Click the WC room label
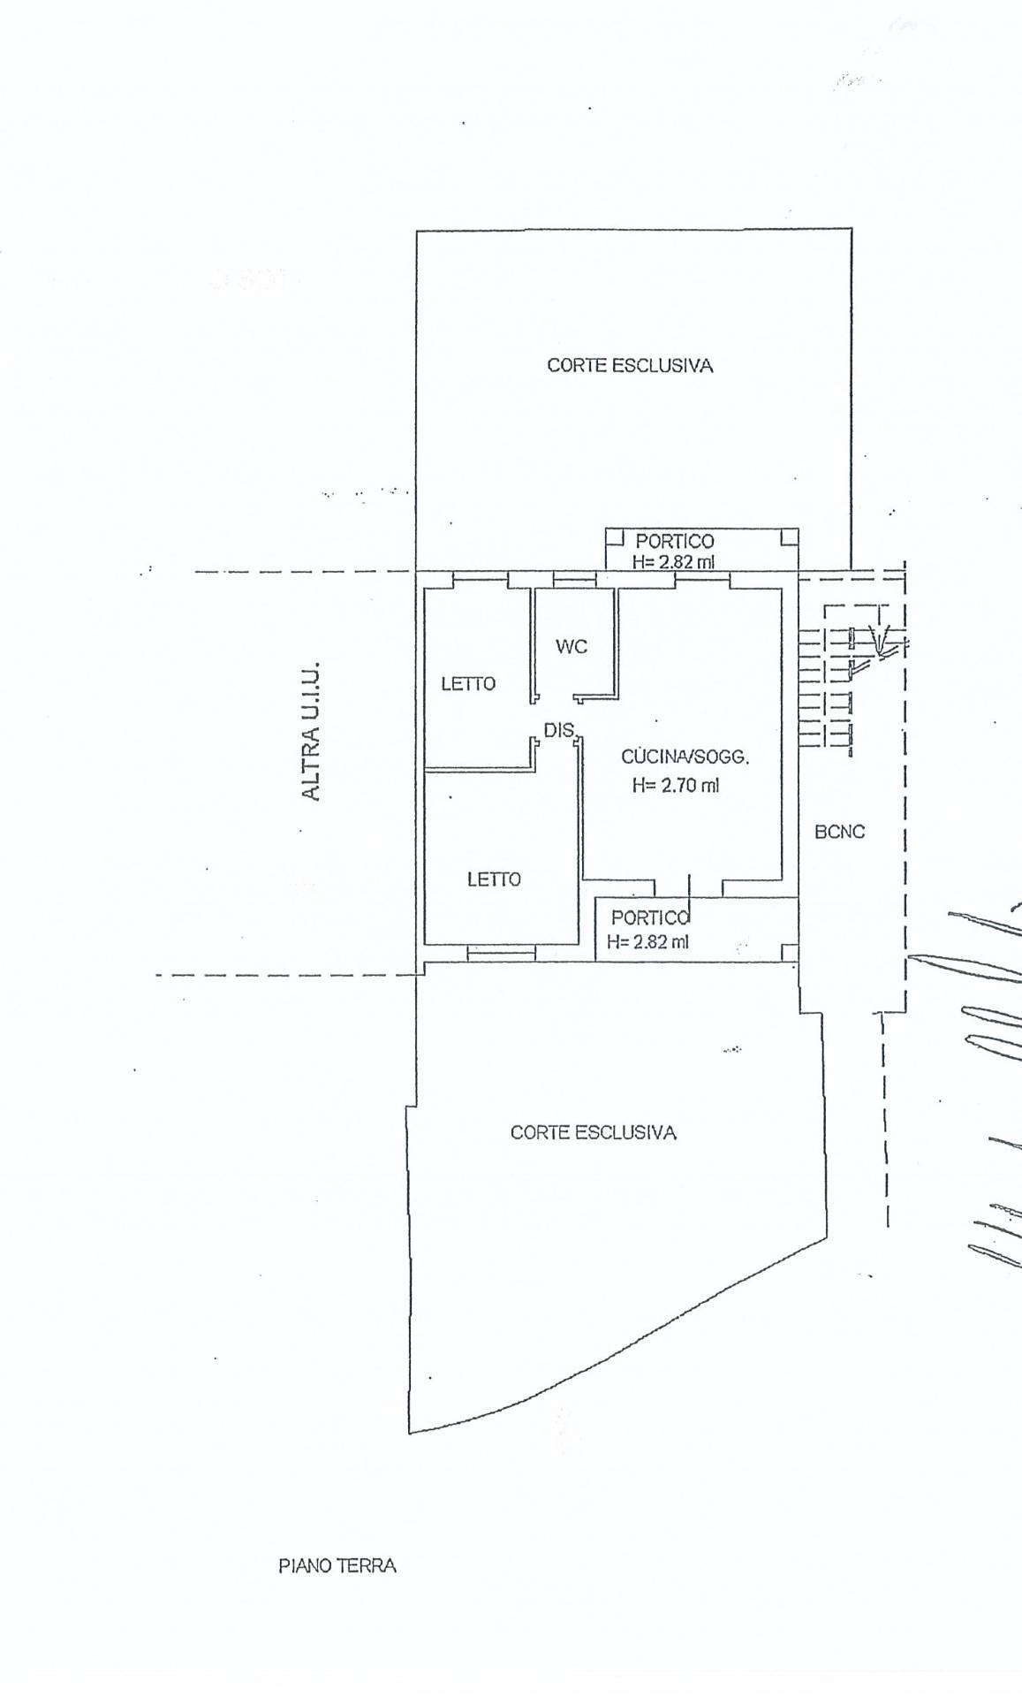coord(572,647)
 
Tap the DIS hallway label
coord(560,730)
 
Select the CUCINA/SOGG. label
coord(685,757)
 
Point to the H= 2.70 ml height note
coord(676,784)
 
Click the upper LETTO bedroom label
coord(468,683)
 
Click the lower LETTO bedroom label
coord(494,879)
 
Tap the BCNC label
coord(840,832)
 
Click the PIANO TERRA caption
coord(337,1566)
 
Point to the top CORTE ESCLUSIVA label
coord(630,365)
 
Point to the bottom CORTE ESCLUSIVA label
coord(594,1132)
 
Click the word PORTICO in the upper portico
coord(675,541)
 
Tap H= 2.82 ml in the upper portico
coord(673,561)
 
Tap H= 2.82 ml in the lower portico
coord(647,941)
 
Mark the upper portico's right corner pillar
coord(790,536)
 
